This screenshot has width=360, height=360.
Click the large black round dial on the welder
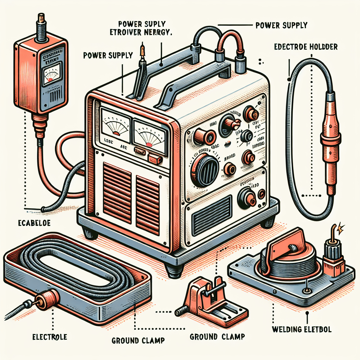(x=204, y=171)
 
